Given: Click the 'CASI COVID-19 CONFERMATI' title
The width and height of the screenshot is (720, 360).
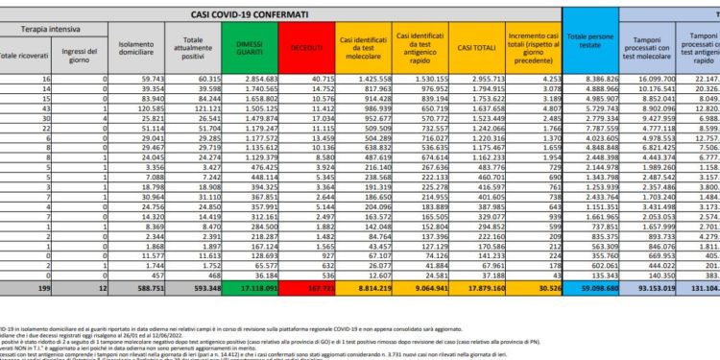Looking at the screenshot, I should tap(251, 13).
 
